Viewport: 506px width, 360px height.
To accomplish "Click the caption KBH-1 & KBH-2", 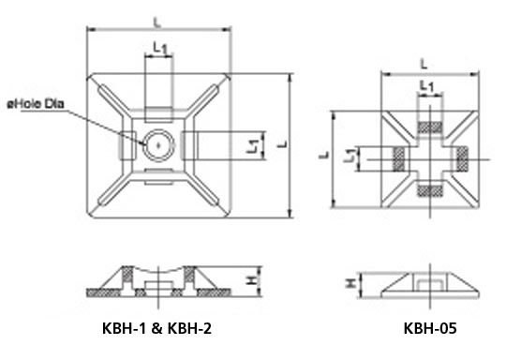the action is pyautogui.click(x=156, y=328).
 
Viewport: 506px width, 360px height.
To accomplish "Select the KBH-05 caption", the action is pyautogui.click(x=430, y=328).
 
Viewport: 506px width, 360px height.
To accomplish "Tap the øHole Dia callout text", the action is pyautogui.click(x=36, y=104).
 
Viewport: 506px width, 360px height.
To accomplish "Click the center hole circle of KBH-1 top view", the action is pyautogui.click(x=158, y=145).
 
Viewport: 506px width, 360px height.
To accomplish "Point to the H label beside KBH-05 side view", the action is pyautogui.click(x=350, y=283).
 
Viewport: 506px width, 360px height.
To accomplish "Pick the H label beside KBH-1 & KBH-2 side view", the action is pyautogui.click(x=252, y=279).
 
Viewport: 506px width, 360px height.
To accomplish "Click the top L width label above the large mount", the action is pyautogui.click(x=157, y=22).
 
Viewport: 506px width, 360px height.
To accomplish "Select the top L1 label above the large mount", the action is pyautogui.click(x=160, y=49).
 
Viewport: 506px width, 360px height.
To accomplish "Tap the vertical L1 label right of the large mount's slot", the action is pyautogui.click(x=253, y=145).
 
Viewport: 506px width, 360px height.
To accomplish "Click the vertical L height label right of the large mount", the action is pyautogui.click(x=282, y=144).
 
